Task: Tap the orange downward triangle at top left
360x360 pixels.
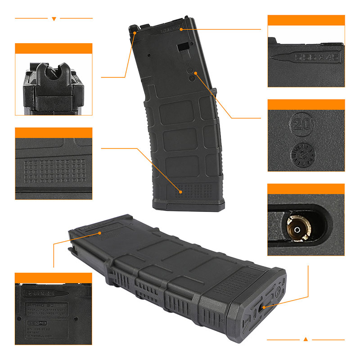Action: coord(54,18)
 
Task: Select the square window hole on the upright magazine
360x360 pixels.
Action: coord(183,46)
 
